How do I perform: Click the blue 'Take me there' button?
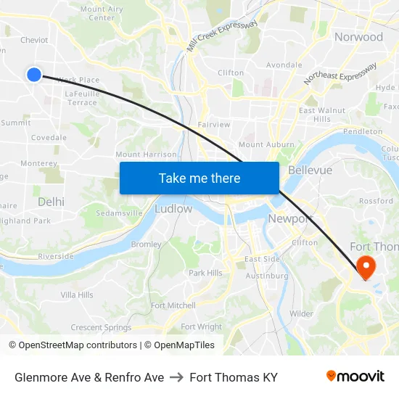(x=199, y=178)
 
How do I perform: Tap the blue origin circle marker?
(x=34, y=74)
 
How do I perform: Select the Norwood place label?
(x=358, y=37)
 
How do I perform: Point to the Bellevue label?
(x=310, y=170)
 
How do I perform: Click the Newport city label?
(x=289, y=218)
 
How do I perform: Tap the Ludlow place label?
(x=173, y=209)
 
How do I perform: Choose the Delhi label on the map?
(x=51, y=202)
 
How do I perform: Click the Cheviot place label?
(x=33, y=41)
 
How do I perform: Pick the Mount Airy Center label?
(x=102, y=13)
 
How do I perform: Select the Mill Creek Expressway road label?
(x=222, y=35)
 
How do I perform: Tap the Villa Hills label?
(x=77, y=295)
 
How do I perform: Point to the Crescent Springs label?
(x=101, y=328)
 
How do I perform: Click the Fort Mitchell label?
(x=173, y=305)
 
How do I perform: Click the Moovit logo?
(x=355, y=377)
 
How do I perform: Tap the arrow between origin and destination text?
(x=177, y=377)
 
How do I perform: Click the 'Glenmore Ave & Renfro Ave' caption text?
(x=89, y=377)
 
